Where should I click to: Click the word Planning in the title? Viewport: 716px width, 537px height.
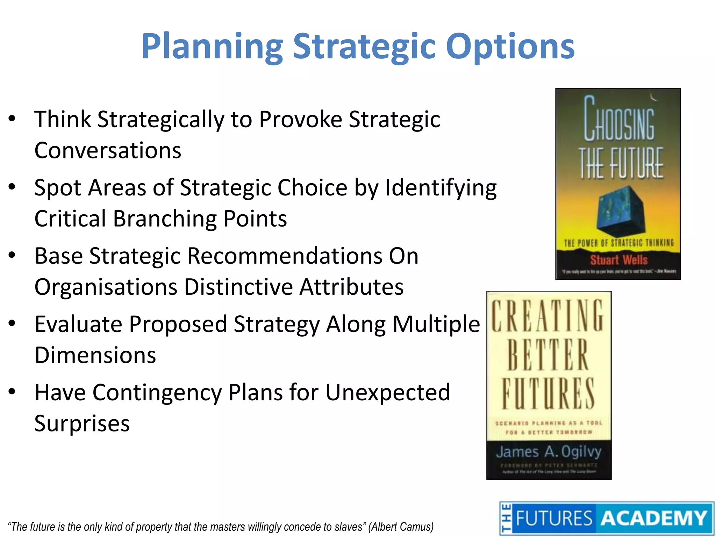click(212, 47)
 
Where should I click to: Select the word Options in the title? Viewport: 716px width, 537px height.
click(510, 47)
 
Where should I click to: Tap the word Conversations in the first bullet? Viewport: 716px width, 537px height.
click(108, 151)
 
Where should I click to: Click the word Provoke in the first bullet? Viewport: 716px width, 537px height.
click(301, 120)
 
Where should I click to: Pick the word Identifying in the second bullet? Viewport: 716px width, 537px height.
click(441, 188)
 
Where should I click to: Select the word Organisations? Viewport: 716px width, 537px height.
click(106, 287)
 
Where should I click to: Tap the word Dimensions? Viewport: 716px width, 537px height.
click(95, 355)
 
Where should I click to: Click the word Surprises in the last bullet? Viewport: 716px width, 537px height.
click(82, 423)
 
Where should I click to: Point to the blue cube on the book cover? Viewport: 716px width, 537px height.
click(619, 212)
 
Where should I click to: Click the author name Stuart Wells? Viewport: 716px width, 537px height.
click(619, 260)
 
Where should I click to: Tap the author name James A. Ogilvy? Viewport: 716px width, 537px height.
click(549, 451)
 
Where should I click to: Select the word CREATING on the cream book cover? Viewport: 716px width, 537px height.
click(547, 316)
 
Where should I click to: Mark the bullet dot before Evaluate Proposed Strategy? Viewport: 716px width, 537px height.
click(12, 323)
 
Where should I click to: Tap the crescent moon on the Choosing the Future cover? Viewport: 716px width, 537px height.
click(653, 97)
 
